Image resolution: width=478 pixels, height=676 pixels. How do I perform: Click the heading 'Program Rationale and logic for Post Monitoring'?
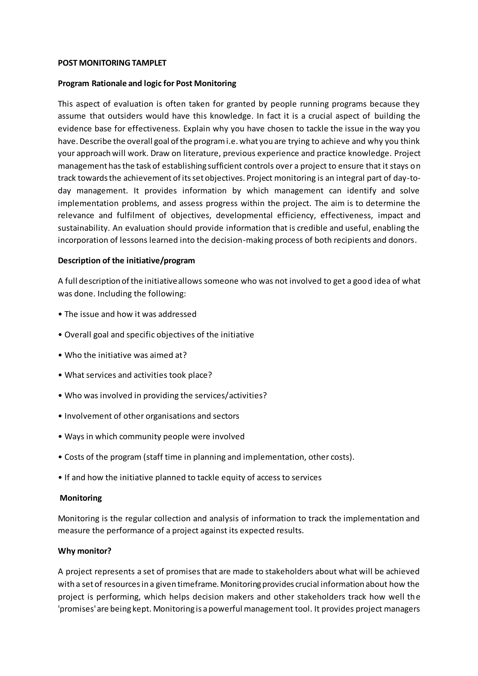click(x=147, y=84)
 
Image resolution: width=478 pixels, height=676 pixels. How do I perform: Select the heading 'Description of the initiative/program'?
click(x=126, y=261)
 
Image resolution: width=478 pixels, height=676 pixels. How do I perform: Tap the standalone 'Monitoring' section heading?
click(x=81, y=498)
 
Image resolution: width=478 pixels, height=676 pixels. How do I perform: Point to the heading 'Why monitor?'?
click(x=84, y=551)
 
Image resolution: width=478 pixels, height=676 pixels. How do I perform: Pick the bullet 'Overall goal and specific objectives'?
click(x=159, y=335)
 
